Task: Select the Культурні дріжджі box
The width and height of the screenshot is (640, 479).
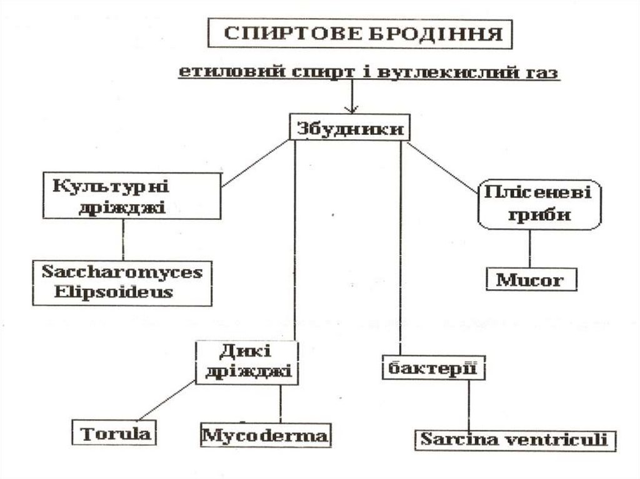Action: pyautogui.click(x=131, y=195)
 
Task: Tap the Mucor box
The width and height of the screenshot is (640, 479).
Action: pyautogui.click(x=531, y=280)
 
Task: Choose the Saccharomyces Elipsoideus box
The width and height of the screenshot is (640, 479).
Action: pyautogui.click(x=123, y=282)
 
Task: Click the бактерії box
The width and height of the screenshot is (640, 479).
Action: pyautogui.click(x=433, y=366)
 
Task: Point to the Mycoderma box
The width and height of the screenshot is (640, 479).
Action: pyautogui.click(x=266, y=435)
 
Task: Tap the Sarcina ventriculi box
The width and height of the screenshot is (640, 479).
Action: pyautogui.click(x=514, y=439)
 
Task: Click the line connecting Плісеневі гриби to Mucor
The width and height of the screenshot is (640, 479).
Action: pyautogui.click(x=531, y=249)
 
